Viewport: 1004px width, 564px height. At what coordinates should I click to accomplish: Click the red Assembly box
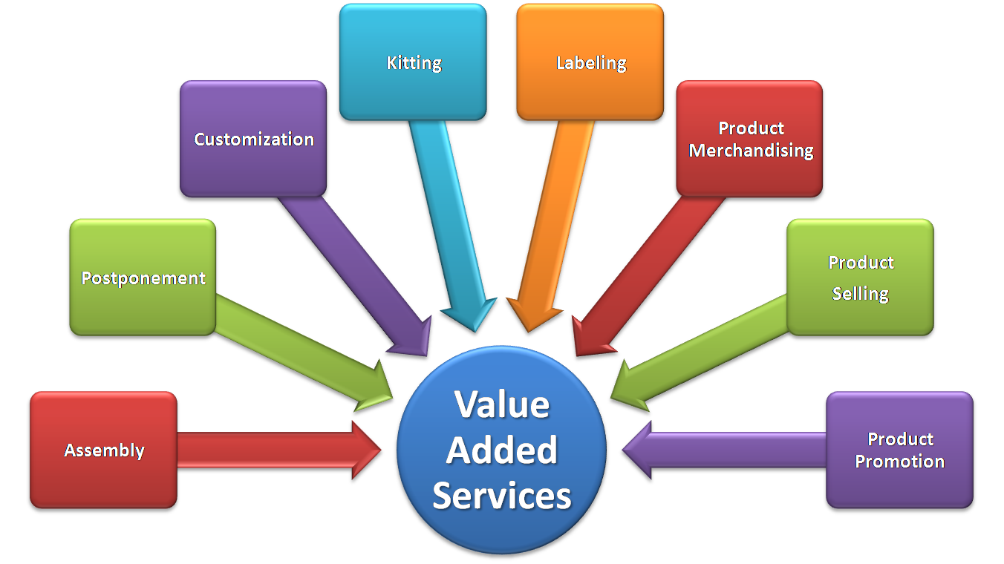pos(103,450)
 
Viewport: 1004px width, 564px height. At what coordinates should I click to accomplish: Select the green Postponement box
pos(143,277)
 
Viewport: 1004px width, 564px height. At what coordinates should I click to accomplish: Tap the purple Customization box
pos(253,139)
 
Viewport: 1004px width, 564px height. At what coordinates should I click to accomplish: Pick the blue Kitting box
pos(413,62)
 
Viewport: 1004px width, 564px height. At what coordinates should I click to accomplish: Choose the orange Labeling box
pos(590,62)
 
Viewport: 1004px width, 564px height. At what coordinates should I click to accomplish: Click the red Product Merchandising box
pos(749,139)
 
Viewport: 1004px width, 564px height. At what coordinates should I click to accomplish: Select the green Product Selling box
pos(860,277)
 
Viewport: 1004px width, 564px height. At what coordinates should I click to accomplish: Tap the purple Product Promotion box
pos(899,450)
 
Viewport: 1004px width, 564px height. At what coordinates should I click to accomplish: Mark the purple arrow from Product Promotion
pos(728,450)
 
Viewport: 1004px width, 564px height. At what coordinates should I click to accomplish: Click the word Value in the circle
pos(502,405)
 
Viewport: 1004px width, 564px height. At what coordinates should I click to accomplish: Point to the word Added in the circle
pos(502,450)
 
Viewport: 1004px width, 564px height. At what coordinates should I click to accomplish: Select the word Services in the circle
pos(502,496)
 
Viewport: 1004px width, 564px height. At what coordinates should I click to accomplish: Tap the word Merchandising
pos(751,151)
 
